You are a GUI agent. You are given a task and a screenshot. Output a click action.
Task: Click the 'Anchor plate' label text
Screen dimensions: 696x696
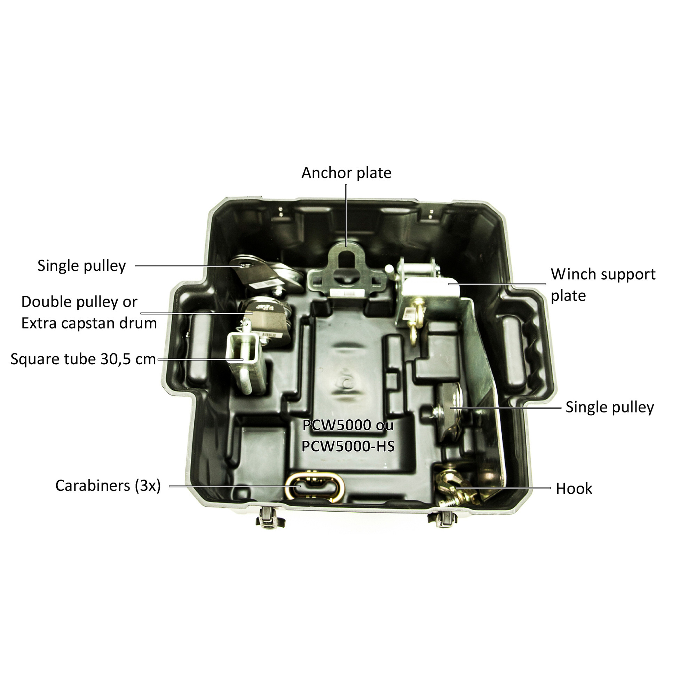coord(346,173)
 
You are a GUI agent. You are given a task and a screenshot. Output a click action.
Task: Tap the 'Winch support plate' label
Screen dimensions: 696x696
coord(603,285)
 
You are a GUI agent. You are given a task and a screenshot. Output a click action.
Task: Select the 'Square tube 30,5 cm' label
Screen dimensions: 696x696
coord(83,359)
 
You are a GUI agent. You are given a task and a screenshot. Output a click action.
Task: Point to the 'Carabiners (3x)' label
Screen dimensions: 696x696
coord(108,485)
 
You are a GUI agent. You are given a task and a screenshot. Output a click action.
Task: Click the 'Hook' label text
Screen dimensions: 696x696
coord(574,489)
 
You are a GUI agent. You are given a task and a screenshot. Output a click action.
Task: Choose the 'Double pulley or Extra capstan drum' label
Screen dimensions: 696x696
coord(89,313)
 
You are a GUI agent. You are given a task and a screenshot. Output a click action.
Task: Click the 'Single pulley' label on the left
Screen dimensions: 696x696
coord(82,266)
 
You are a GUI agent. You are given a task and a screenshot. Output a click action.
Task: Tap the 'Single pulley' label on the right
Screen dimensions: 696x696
coord(610,407)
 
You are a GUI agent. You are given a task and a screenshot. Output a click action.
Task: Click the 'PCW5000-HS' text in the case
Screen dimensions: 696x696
coord(348,447)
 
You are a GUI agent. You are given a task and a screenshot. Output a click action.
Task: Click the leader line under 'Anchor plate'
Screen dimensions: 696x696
coord(346,215)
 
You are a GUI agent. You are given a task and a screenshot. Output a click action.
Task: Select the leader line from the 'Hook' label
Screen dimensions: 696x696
coord(503,488)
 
